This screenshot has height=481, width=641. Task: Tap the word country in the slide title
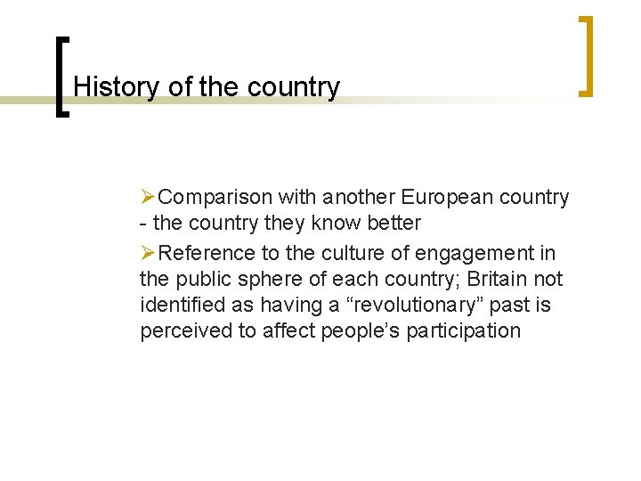click(295, 87)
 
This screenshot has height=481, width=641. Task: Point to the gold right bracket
click(586, 55)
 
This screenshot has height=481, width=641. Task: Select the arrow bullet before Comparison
click(149, 196)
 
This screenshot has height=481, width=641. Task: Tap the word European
click(442, 196)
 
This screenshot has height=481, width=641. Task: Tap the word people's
click(352, 331)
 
